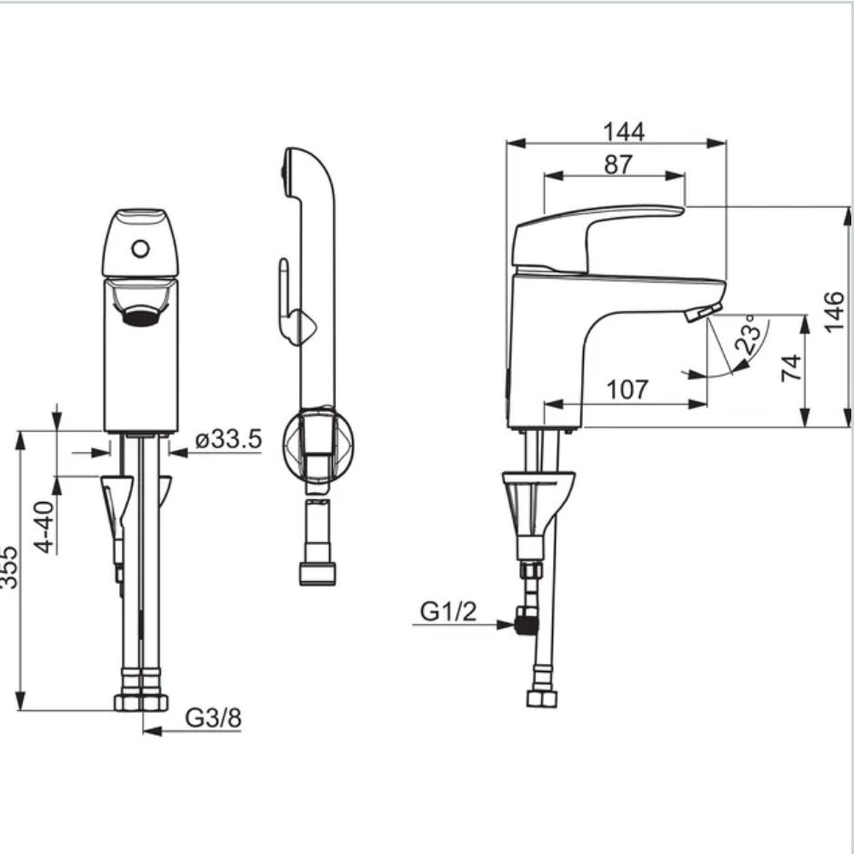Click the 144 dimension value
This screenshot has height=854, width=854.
pos(624,132)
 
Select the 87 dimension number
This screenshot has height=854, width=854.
pos(618,165)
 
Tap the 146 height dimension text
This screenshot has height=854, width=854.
pos(834,312)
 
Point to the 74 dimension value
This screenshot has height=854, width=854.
pos(791,368)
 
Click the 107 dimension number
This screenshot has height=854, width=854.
pos(628,389)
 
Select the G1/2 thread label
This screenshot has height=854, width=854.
pos(448,612)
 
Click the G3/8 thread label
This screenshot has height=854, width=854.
pos(213,718)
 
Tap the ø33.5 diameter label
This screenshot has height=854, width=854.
pos(229,439)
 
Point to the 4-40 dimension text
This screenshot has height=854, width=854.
pos(45,527)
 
